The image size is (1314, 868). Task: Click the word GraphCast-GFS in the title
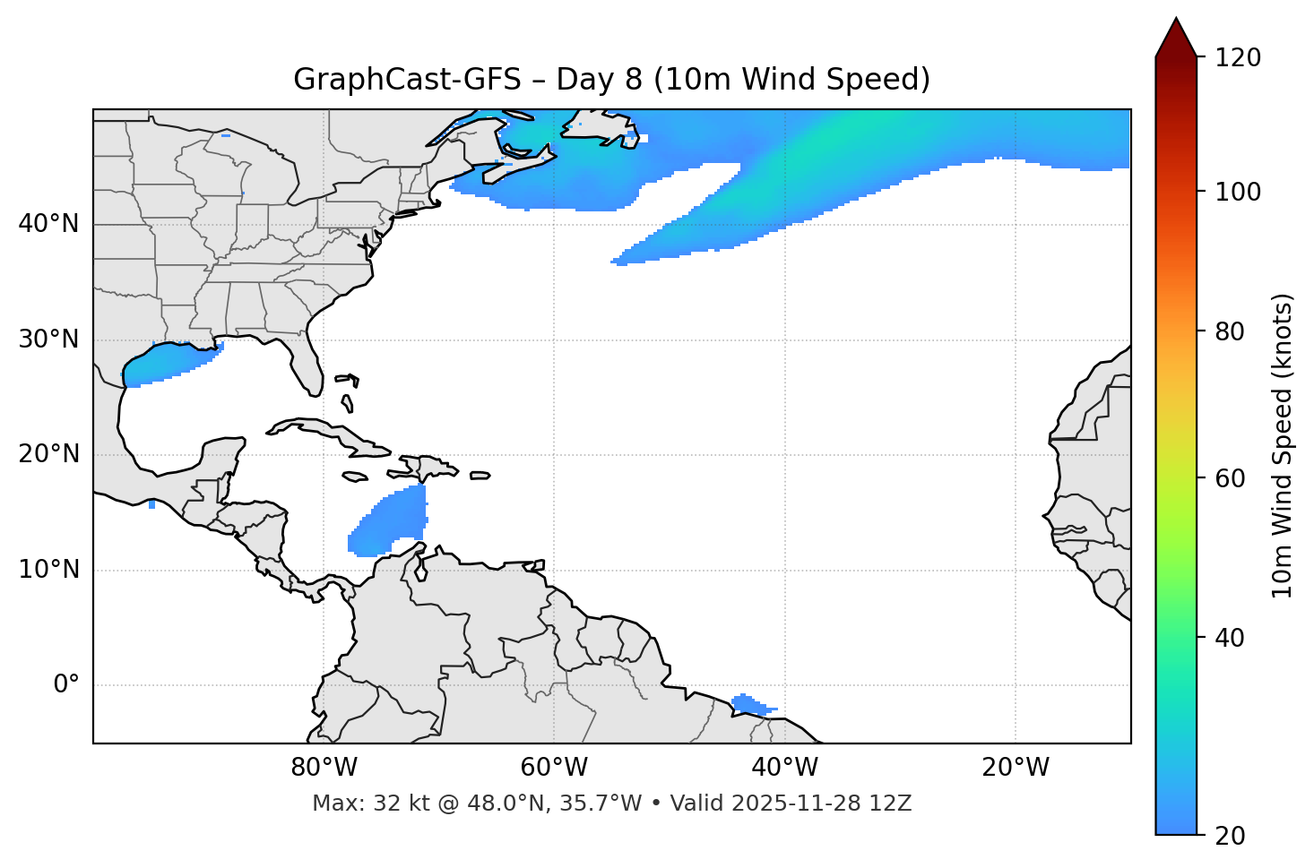407,80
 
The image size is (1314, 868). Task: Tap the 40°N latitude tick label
48,224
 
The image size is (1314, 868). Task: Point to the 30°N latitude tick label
48,339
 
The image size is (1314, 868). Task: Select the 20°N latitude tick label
48,454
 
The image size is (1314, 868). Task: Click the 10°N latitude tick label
48,570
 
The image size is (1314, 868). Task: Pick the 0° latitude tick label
66,685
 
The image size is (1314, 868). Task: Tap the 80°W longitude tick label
324,768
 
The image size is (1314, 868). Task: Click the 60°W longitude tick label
554,768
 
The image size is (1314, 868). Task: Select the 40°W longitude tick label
784,768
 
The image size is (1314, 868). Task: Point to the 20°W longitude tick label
1015,768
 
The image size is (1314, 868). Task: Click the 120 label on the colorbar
1238,57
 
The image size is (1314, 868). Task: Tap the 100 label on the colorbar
1238,192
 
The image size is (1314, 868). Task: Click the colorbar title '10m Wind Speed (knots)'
1283,445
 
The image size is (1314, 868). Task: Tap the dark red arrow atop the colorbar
1176,38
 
